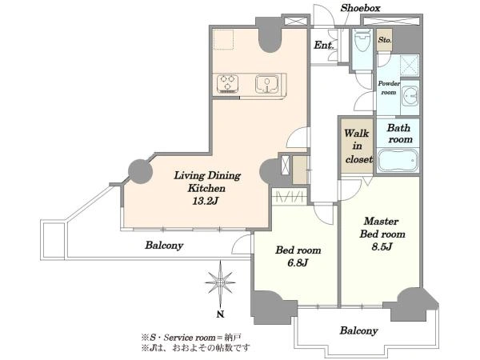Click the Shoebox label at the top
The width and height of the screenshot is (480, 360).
click(360, 8)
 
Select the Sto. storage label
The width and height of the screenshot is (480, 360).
click(385, 40)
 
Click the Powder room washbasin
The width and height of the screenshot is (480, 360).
click(410, 95)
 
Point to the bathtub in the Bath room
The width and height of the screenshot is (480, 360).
click(398, 160)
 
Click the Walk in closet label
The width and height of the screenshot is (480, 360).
click(358, 146)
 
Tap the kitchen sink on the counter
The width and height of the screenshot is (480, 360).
click(267, 84)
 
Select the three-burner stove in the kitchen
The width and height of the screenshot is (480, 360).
click(227, 84)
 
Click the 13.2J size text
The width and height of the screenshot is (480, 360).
click(205, 201)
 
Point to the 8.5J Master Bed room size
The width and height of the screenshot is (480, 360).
click(382, 246)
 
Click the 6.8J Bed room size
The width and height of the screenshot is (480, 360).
click(298, 262)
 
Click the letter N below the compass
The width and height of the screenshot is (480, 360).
click(220, 314)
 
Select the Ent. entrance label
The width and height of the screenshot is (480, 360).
click(324, 46)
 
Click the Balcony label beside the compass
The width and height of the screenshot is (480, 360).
click(164, 246)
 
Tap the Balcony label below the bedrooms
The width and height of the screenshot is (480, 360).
click(358, 330)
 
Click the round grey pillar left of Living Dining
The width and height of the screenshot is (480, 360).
click(140, 172)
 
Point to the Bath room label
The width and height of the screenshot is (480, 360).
click(399, 134)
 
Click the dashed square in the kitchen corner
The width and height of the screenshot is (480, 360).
click(223, 39)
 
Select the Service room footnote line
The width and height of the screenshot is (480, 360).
click(191, 338)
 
